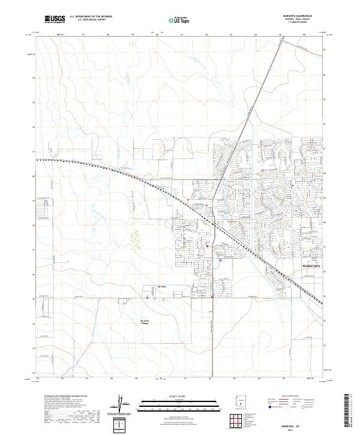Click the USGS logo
pyautogui.click(x=55, y=19)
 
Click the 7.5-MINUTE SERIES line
pyautogui.click(x=294, y=23)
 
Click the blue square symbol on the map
pyautogui.click(x=220, y=260)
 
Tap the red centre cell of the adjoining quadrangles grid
pyautogui.click(x=239, y=422)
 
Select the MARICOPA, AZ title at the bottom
pyautogui.click(x=295, y=426)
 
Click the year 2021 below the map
pyautogui.click(x=295, y=430)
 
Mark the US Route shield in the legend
pyautogui.click(x=289, y=407)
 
